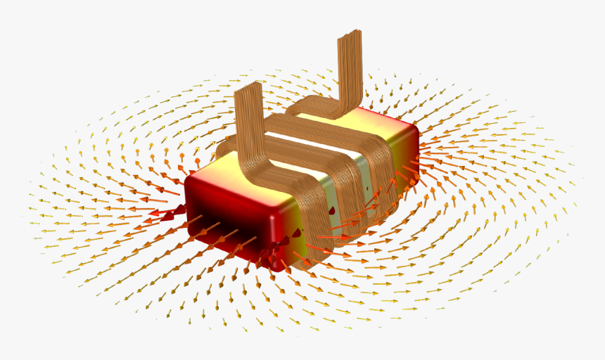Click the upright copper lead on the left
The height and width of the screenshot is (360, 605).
pos(248,120)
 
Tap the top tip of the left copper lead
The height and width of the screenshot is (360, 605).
pos(248,86)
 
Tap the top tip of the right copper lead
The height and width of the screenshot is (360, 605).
pos(350,34)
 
